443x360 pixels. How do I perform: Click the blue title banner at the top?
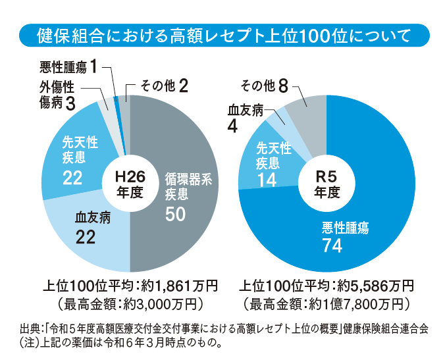click(x=221, y=34)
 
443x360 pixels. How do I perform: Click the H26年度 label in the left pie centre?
click(x=130, y=184)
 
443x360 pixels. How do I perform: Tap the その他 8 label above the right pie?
click(x=265, y=86)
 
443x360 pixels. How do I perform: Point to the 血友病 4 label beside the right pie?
click(x=243, y=116)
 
